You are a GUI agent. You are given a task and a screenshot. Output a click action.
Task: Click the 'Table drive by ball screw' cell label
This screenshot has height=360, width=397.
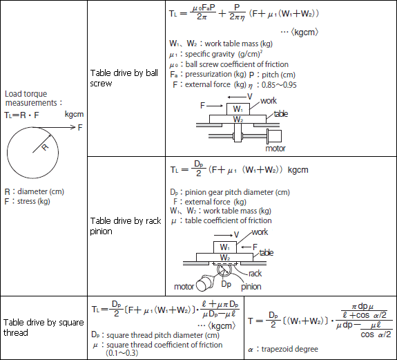[x=124, y=78]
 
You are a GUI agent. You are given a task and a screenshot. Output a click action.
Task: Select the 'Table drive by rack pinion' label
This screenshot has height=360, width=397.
[x=126, y=226]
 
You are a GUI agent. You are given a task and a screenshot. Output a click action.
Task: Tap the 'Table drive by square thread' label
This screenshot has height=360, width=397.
[x=43, y=328]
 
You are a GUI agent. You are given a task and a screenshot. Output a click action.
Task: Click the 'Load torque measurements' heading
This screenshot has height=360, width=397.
[x=33, y=98]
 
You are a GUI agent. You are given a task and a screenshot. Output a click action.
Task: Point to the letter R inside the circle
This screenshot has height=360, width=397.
[x=45, y=147]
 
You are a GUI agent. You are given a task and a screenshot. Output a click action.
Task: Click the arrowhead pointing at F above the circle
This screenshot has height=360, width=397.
[x=73, y=127]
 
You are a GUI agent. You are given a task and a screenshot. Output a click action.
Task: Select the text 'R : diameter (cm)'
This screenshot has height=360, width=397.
[x=35, y=191]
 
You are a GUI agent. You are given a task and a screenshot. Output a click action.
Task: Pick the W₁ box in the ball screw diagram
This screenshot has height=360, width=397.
[x=238, y=109]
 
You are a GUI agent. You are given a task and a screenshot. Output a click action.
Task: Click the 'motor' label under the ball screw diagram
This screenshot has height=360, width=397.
[x=275, y=148]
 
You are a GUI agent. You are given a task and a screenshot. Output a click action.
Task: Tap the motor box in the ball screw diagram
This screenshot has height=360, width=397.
[x=275, y=136]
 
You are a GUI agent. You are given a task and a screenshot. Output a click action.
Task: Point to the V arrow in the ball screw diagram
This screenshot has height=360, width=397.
[x=237, y=97]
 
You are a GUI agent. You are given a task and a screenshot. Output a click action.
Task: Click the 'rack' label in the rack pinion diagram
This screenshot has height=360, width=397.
[x=255, y=274]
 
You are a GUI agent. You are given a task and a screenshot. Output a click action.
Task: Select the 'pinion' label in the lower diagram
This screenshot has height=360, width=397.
[x=251, y=287]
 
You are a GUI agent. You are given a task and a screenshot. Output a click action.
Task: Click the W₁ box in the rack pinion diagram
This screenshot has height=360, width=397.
[x=225, y=247]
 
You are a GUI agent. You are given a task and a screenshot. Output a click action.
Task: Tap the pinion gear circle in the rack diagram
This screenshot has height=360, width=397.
[x=224, y=270]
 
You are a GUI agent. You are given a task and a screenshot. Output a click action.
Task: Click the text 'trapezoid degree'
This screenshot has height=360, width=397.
[x=290, y=349]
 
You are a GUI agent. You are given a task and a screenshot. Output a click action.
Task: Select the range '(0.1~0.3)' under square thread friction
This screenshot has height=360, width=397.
[x=122, y=353]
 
